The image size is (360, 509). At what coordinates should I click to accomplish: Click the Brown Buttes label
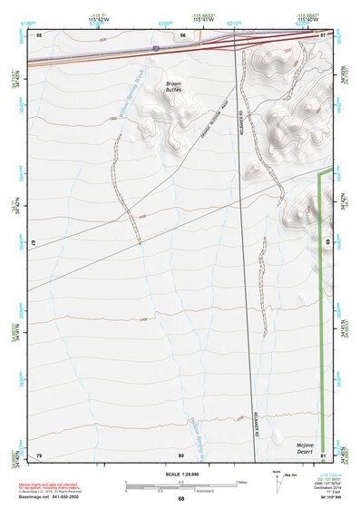coord(173,87)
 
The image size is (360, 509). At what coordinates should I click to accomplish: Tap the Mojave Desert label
coord(309,448)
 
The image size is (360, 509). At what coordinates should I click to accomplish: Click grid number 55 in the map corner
coord(39,34)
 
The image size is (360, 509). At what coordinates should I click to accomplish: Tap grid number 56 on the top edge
coord(182,34)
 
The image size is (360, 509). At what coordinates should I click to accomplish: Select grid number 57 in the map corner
coord(323,34)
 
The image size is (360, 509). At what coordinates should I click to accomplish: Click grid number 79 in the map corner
coord(39,454)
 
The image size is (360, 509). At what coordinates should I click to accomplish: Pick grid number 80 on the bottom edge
coord(181,454)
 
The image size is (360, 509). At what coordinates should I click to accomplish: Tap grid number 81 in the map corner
coord(323,454)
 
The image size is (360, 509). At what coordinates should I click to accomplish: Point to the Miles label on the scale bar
coord(240,482)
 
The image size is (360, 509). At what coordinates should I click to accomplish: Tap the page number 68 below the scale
coord(180,499)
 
